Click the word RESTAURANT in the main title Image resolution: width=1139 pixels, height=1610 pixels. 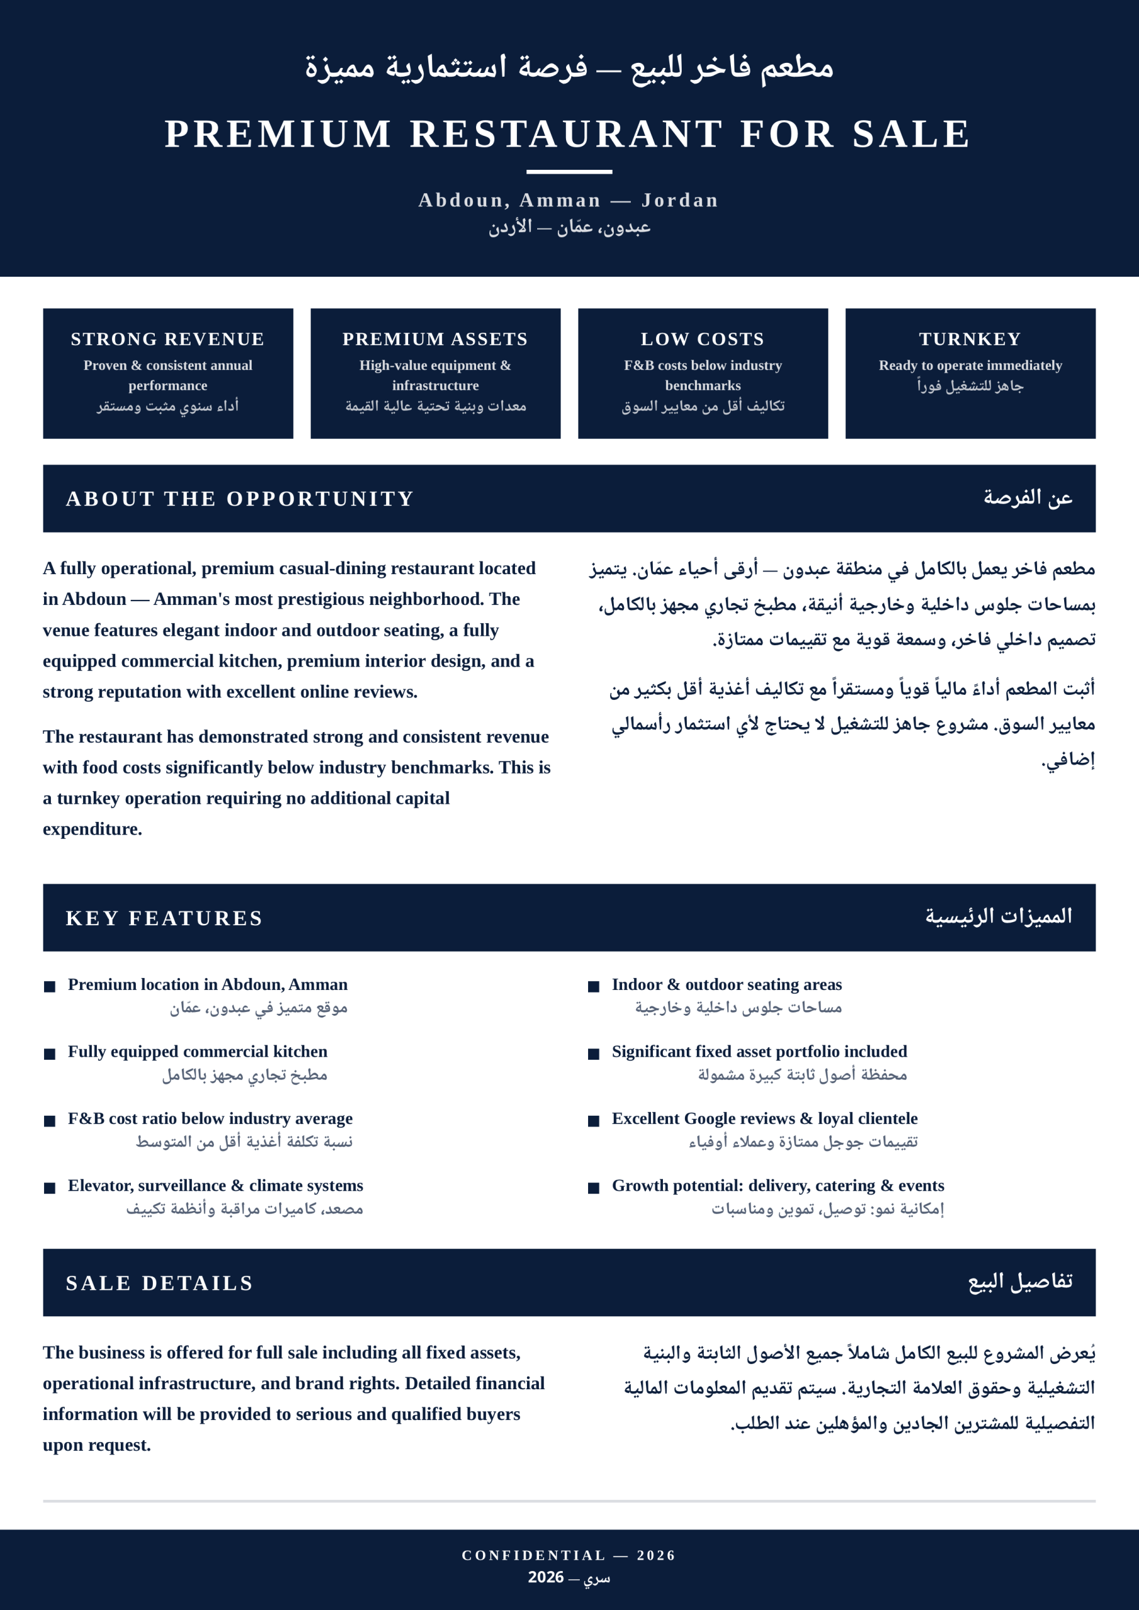[566, 134]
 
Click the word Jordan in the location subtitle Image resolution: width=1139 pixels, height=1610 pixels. [680, 201]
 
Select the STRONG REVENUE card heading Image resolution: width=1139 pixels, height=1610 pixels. [168, 340]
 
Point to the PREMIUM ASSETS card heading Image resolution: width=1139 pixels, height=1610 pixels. [435, 340]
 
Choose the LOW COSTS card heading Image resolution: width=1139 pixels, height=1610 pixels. [702, 340]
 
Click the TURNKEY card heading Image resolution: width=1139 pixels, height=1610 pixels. [970, 340]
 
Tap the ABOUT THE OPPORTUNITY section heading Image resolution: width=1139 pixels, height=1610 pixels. [240, 499]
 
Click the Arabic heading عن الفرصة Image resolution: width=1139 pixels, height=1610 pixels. [1028, 498]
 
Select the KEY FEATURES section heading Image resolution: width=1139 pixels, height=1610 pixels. [164, 918]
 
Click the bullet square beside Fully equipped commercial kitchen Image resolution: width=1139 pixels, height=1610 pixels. [50, 1054]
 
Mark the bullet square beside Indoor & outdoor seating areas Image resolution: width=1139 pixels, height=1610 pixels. [593, 987]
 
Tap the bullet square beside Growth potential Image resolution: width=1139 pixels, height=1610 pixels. [593, 1188]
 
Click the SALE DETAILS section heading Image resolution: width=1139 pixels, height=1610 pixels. [159, 1282]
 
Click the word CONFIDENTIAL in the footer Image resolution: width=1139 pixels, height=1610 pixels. [534, 1555]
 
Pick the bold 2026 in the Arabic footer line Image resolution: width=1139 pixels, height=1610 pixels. [546, 1577]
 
